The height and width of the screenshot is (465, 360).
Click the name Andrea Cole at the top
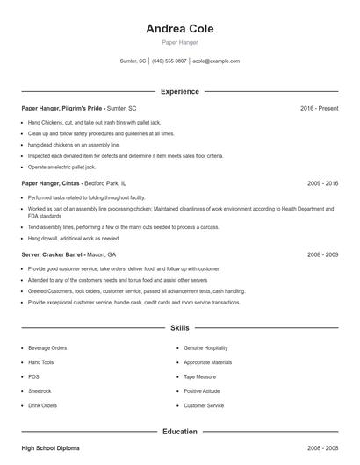pyautogui.click(x=179, y=28)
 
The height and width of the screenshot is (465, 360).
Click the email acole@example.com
pyautogui.click(x=215, y=61)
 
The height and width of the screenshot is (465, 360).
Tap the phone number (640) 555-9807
pyautogui.click(x=169, y=61)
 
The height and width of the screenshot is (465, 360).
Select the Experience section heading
pyautogui.click(x=179, y=91)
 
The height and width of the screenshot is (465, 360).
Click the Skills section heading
pyautogui.click(x=179, y=328)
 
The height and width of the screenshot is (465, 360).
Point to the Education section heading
pyautogui.click(x=179, y=432)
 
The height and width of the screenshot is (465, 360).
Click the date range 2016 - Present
pyautogui.click(x=319, y=108)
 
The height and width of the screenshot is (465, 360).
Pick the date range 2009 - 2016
pyautogui.click(x=322, y=184)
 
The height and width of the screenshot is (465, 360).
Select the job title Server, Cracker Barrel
pyautogui.click(x=52, y=254)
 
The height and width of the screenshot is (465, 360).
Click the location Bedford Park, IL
pyautogui.click(x=105, y=184)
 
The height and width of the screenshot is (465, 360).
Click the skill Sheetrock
pyautogui.click(x=40, y=391)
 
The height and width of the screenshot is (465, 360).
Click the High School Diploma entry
pyautogui.click(x=50, y=448)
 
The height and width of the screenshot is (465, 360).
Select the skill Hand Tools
pyautogui.click(x=41, y=362)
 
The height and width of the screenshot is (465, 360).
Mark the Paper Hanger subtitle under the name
pyautogui.click(x=179, y=42)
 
